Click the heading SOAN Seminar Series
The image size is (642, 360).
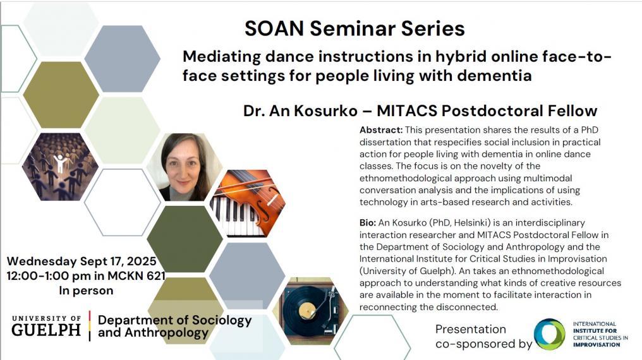point(354,28)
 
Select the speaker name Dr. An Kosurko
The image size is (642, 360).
point(300,111)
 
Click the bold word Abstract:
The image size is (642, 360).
point(381,130)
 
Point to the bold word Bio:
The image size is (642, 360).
point(368,223)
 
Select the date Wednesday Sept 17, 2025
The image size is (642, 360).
point(82,261)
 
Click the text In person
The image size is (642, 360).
point(86,291)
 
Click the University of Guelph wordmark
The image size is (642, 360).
point(46,326)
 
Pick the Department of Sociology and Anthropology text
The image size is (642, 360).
point(175,326)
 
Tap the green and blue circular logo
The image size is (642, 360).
point(550,334)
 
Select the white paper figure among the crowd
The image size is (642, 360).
point(60,162)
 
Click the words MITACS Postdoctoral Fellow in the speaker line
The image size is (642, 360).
point(487,111)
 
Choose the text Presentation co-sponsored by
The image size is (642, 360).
point(483,336)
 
